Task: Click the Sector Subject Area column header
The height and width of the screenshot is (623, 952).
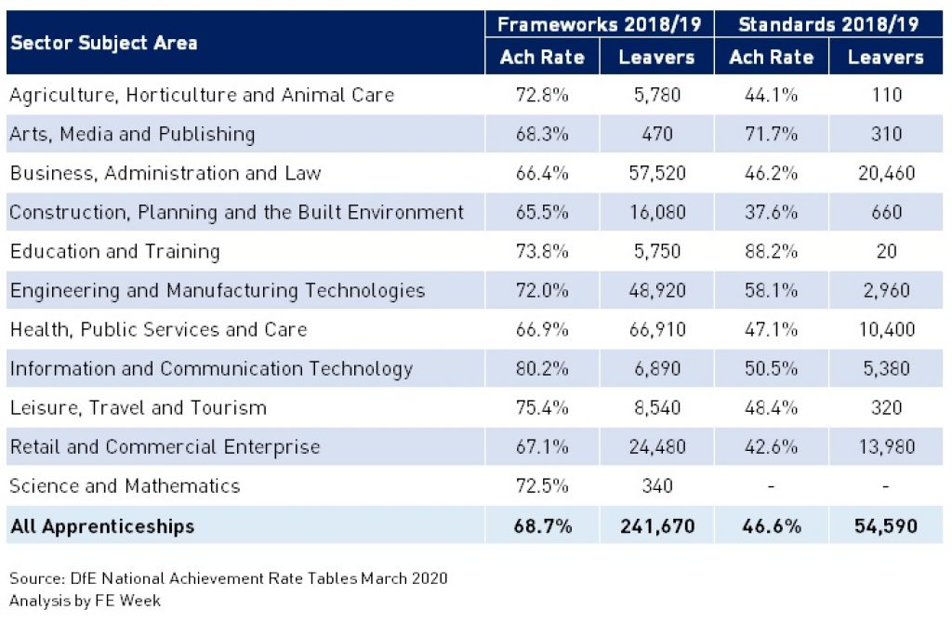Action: click(103, 43)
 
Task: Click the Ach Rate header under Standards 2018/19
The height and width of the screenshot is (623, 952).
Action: click(772, 58)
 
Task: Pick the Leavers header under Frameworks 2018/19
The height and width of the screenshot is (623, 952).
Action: click(656, 58)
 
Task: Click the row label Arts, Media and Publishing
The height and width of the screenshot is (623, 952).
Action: click(132, 134)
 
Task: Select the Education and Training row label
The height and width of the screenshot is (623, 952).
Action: click(114, 251)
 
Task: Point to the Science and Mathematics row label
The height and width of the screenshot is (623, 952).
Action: click(125, 485)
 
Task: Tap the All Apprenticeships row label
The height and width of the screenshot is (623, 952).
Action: click(102, 526)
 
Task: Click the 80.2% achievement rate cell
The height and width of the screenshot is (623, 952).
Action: click(542, 368)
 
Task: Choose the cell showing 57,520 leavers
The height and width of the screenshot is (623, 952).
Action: click(656, 173)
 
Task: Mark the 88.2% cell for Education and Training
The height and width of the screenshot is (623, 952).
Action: click(772, 251)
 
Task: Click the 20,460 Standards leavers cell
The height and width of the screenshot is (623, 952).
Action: click(886, 173)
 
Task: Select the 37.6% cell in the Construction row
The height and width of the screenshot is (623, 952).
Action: click(772, 212)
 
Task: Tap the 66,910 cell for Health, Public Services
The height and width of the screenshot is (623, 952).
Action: click(656, 329)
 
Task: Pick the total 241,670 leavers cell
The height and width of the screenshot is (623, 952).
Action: click(656, 526)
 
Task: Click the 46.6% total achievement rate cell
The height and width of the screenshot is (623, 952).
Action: click(772, 526)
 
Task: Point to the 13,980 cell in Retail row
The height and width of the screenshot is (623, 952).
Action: click(886, 446)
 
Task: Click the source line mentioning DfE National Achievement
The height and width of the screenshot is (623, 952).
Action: click(229, 578)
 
